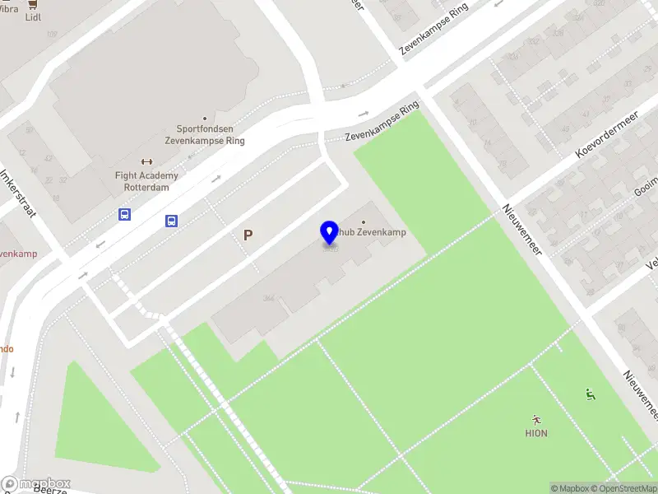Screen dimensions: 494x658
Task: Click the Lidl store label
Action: [33, 16]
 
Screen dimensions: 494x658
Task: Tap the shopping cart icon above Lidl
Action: [33, 4]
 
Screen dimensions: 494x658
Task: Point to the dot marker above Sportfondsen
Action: [205, 118]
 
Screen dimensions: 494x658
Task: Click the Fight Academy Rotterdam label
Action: [147, 181]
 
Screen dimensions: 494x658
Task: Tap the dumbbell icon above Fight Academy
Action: [147, 161]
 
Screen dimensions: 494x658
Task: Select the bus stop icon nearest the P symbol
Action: [172, 221]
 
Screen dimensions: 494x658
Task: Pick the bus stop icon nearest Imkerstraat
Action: [124, 215]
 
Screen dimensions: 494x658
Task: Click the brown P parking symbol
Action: [248, 235]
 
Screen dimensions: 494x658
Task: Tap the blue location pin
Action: [329, 233]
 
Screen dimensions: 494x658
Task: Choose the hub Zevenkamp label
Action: [370, 232]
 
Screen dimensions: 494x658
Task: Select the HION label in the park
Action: [536, 433]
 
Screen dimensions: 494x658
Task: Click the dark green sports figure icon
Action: [590, 394]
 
